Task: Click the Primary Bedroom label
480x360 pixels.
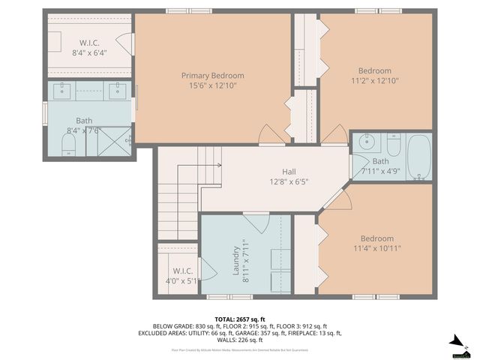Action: [212, 76]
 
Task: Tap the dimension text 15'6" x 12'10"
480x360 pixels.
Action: [212, 86]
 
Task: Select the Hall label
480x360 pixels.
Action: [289, 170]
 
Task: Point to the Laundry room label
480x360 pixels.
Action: [237, 260]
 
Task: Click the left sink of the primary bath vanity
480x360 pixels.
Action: [62, 91]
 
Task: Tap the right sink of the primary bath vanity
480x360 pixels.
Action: [117, 91]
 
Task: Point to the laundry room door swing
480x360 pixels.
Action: [256, 223]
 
